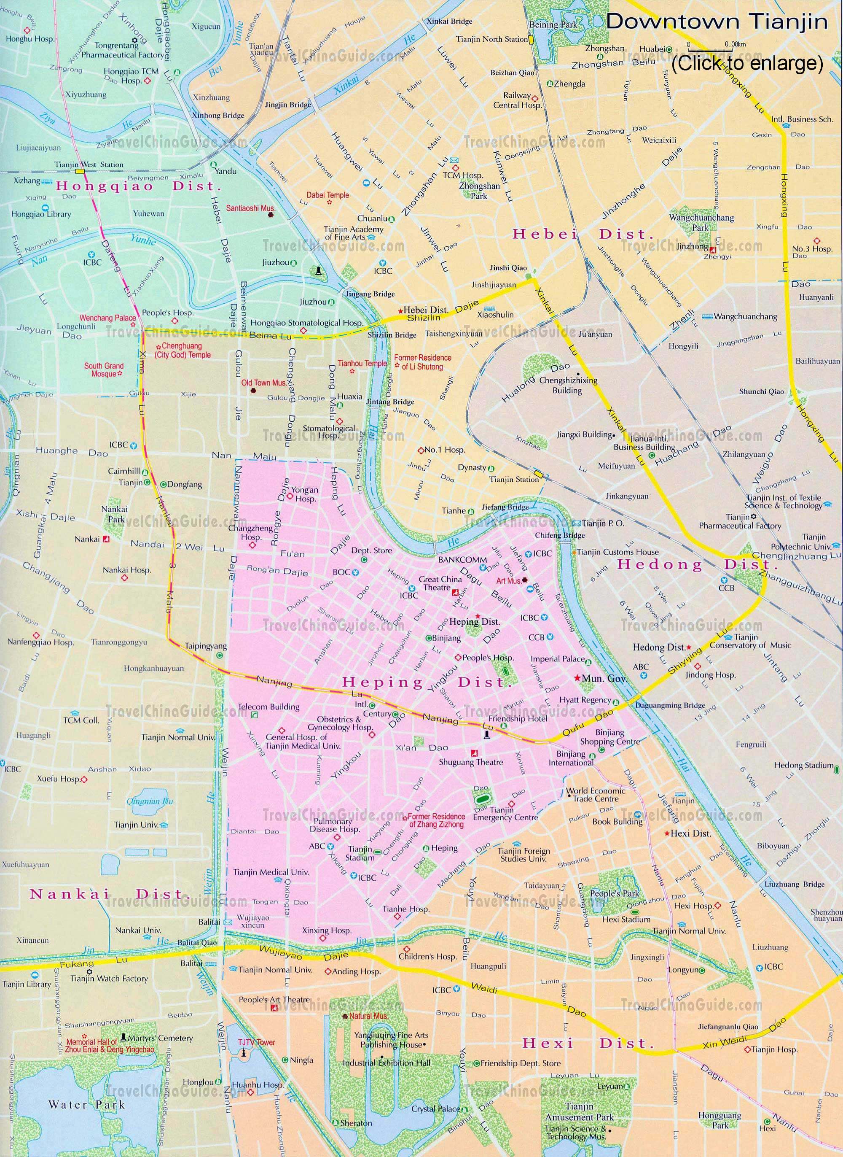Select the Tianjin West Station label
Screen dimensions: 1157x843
(89, 165)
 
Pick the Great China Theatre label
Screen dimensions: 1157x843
(440, 583)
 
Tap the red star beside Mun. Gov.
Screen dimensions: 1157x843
(577, 678)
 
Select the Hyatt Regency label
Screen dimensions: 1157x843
(585, 700)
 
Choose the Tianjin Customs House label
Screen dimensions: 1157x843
(617, 552)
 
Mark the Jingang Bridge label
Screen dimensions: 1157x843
(370, 294)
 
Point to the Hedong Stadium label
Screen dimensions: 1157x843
(803, 766)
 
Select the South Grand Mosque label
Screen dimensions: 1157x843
(104, 369)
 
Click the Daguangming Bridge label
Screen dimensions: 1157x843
(670, 706)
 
